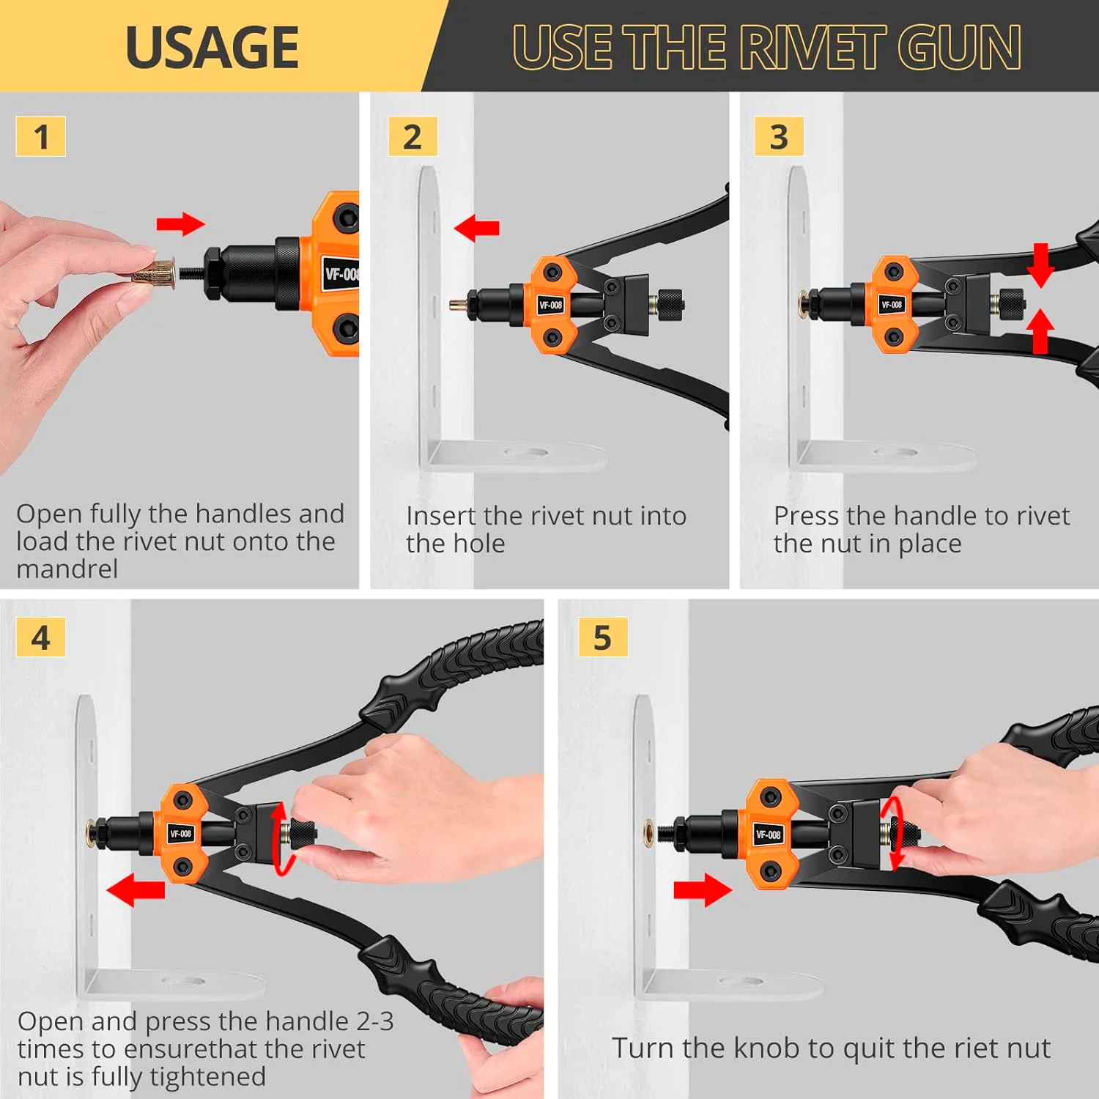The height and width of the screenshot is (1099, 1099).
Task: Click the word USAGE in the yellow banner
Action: [212, 48]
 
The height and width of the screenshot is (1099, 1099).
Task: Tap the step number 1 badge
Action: [41, 137]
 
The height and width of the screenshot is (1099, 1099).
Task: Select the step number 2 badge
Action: [412, 137]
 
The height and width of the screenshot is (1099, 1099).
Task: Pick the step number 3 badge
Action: [779, 137]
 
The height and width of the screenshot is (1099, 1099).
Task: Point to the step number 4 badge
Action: [41, 637]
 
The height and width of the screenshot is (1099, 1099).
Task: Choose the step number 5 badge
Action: [602, 637]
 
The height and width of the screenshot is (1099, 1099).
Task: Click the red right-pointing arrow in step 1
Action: [180, 224]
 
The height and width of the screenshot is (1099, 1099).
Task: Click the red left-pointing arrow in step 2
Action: [477, 228]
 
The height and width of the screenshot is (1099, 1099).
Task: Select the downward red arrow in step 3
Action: [1040, 265]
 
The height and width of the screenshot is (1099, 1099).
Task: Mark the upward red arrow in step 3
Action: [1040, 330]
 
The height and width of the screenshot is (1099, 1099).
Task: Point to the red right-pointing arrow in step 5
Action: [703, 889]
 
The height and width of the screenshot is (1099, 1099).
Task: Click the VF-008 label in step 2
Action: [550, 305]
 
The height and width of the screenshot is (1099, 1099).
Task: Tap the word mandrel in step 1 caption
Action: [67, 569]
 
